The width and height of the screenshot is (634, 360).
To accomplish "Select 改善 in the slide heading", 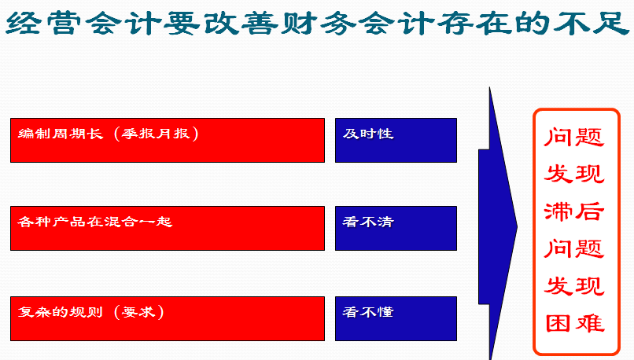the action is point(241,23).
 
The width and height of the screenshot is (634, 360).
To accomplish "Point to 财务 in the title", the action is point(319,23).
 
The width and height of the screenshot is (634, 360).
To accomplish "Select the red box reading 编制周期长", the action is point(168,140).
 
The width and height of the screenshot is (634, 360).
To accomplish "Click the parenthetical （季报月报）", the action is point(157,134).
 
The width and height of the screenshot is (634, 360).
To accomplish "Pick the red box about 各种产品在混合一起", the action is point(168,228).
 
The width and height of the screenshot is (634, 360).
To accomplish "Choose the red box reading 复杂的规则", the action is point(168,319).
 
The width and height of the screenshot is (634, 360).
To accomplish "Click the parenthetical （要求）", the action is point(139,312).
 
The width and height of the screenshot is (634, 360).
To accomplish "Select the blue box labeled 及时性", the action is point(396,140).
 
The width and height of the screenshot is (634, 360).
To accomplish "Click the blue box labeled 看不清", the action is point(396,228).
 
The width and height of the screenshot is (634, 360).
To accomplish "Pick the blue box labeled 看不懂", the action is point(396,319).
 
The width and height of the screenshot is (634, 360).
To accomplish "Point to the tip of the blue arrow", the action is point(517,226).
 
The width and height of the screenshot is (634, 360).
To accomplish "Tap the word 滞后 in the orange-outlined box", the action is point(574,211).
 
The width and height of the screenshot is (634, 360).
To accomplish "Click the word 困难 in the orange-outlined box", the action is point(574,323).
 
